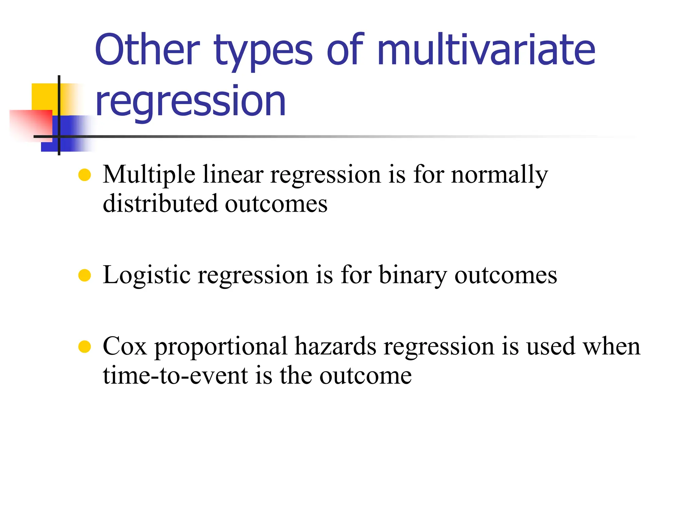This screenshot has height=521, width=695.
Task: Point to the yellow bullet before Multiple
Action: pyautogui.click(x=84, y=175)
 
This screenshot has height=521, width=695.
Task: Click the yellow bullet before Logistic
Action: pyautogui.click(x=84, y=275)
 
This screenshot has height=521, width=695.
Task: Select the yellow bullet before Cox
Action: pyautogui.click(x=84, y=347)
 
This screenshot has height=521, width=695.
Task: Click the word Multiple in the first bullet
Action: pyautogui.click(x=149, y=175)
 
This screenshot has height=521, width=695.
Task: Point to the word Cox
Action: pyautogui.click(x=125, y=346)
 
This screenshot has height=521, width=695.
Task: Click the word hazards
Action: pyautogui.click(x=335, y=346)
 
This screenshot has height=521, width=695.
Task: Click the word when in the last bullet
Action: pyautogui.click(x=611, y=346)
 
